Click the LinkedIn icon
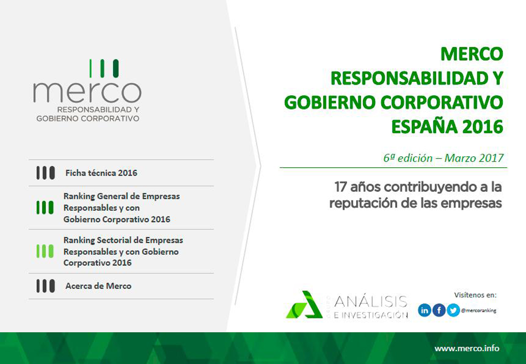[x=424, y=310]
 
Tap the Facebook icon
[x=439, y=310]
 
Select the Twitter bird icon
[x=453, y=310]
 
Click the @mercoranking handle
[x=478, y=311]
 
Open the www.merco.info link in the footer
[x=467, y=349]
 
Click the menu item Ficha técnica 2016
[x=101, y=173]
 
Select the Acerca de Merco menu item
[x=98, y=286]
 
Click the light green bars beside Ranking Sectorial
[x=45, y=251]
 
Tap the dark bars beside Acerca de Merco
[x=45, y=286]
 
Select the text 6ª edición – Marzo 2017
[x=443, y=158]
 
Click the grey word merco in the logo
[x=87, y=92]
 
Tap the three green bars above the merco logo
[x=104, y=68]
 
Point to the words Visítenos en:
[x=476, y=295]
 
